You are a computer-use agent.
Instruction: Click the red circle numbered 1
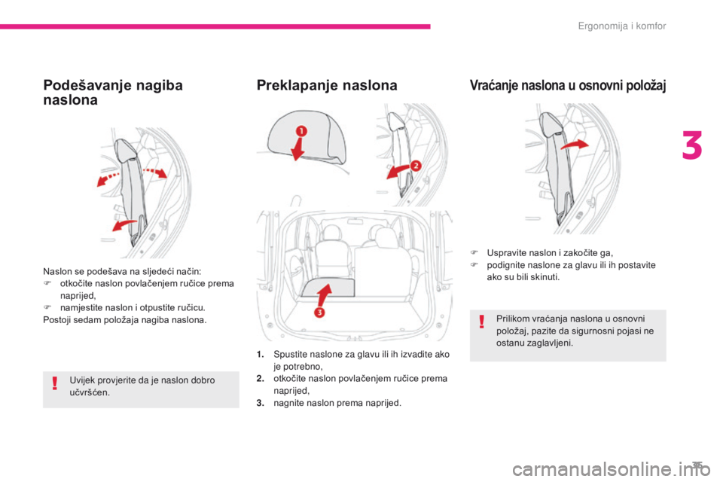(300, 131)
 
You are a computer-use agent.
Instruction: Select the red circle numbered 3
(319, 313)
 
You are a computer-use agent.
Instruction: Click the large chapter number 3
(691, 147)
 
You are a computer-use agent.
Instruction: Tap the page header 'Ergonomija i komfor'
(622, 26)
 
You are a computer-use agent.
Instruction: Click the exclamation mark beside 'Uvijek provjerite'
(55, 387)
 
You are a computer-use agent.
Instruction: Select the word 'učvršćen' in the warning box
(90, 393)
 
